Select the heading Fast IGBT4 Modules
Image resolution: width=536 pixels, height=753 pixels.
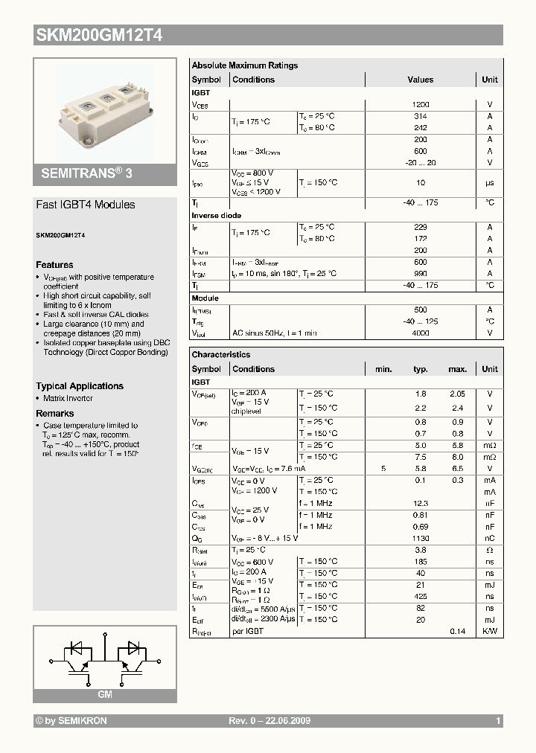tap(86, 205)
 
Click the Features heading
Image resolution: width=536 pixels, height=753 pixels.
tap(54, 265)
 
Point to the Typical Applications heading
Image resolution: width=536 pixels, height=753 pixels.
tap(80, 386)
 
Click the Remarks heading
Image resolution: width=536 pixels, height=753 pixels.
tap(55, 414)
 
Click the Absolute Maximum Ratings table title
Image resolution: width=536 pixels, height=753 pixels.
tap(244, 65)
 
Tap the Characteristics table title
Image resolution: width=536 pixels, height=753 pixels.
tap(221, 355)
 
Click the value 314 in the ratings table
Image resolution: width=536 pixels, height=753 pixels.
tap(421, 117)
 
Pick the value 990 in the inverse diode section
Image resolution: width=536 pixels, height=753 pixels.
tap(421, 274)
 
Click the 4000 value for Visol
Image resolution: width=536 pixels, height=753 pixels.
tap(421, 333)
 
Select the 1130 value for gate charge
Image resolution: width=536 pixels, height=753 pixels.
tap(421, 538)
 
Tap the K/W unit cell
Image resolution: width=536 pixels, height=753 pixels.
tap(490, 631)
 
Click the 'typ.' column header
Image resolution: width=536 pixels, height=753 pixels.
tap(421, 369)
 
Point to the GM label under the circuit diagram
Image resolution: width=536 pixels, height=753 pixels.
tap(105, 694)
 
